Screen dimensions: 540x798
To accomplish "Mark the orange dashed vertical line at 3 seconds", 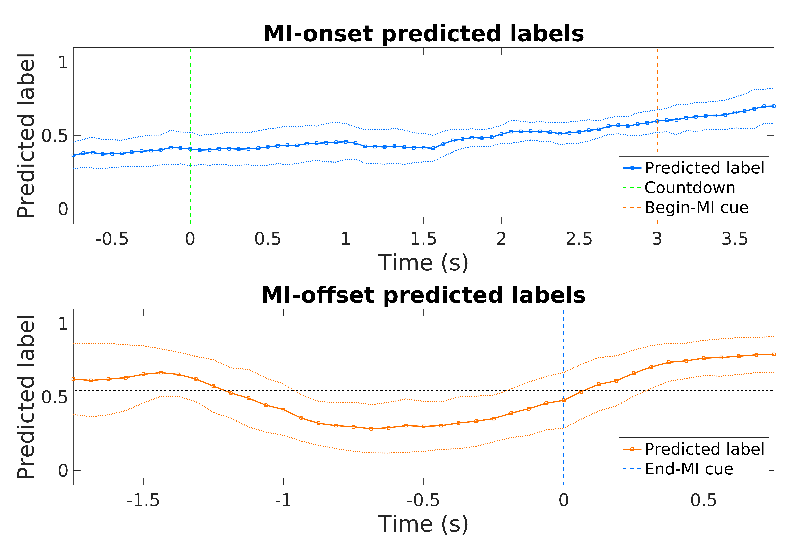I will tap(657, 86).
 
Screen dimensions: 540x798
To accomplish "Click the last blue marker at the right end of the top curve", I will tap(774, 106).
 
